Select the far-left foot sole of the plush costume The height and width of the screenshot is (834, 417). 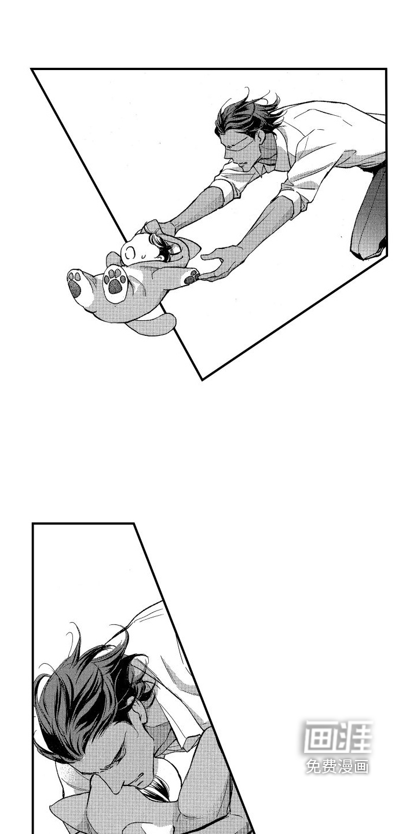[76, 284]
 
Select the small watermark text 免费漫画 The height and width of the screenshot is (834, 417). [337, 767]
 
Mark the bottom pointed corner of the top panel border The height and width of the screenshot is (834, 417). [202, 380]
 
